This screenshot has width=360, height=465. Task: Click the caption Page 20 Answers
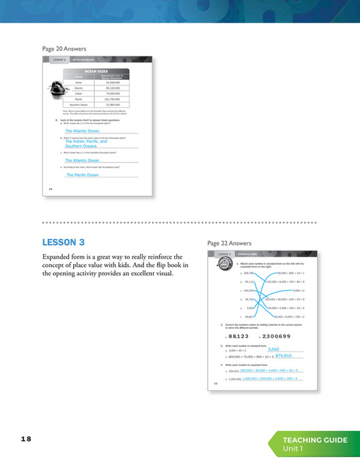64,48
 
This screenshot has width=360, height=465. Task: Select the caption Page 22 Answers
229,243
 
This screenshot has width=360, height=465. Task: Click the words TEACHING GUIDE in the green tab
315,440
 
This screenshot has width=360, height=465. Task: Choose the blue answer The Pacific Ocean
82,175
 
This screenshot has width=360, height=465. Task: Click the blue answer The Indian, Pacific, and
87,141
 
